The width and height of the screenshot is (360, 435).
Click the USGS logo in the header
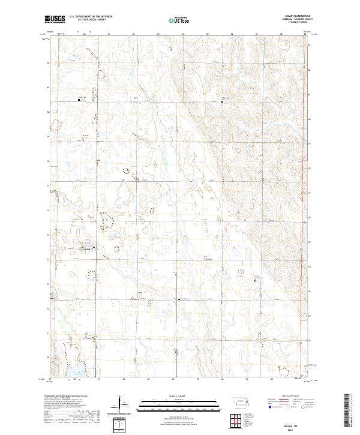click(x=55, y=19)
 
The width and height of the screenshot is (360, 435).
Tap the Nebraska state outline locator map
click(x=242, y=401)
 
